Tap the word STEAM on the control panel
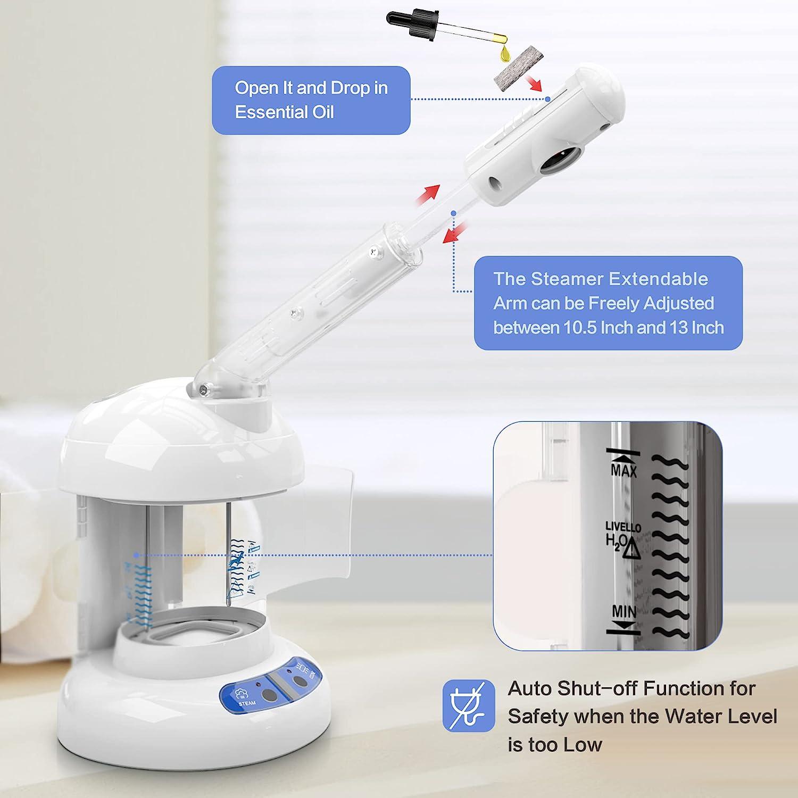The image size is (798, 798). [x=247, y=703]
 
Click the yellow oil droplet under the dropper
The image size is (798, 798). [x=504, y=53]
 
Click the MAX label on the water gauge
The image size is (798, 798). [x=624, y=471]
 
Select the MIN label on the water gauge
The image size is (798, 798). [x=624, y=612]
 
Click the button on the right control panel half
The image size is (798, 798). [x=301, y=681]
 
